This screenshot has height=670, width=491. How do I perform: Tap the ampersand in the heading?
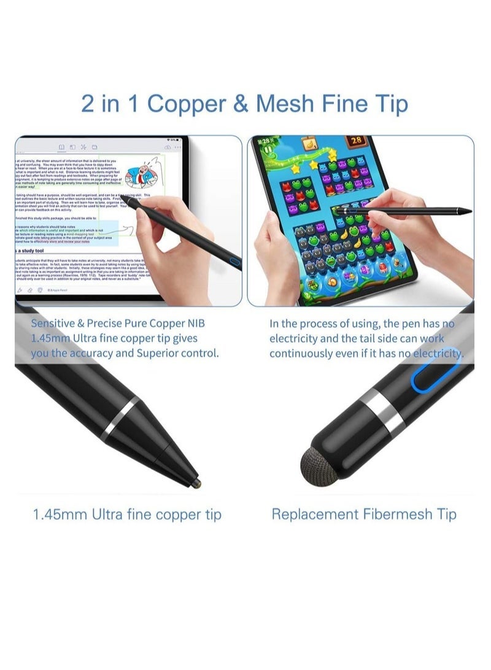pyautogui.click(x=242, y=104)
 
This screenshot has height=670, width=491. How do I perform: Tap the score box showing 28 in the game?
pyautogui.click(x=357, y=141)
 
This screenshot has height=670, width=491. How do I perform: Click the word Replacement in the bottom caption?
pyautogui.click(x=312, y=514)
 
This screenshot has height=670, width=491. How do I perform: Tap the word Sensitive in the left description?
pyautogui.click(x=56, y=322)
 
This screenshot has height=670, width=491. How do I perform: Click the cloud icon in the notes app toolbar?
pyautogui.click(x=168, y=147)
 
